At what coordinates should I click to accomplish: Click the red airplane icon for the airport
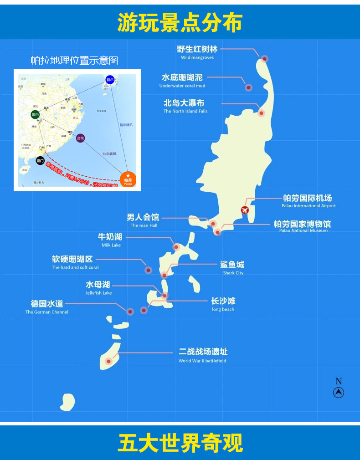[245, 210]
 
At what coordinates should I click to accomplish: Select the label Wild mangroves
[197, 52]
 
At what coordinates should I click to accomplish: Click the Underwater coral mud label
[182, 81]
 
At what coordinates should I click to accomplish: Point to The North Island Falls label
[185, 106]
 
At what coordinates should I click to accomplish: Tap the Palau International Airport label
[308, 201]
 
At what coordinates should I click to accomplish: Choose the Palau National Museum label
[303, 226]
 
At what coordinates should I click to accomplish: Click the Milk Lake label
[111, 240]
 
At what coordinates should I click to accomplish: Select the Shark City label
[232, 267]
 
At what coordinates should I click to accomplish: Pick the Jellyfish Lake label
[98, 288]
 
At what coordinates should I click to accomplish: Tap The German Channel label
[47, 307]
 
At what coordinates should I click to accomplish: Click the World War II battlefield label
[203, 355]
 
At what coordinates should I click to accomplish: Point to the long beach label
[223, 304]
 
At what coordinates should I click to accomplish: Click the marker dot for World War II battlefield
[108, 362]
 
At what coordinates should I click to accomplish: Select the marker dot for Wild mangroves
[264, 58]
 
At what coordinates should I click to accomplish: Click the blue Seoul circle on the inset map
[109, 79]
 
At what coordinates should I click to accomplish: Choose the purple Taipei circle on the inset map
[80, 138]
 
